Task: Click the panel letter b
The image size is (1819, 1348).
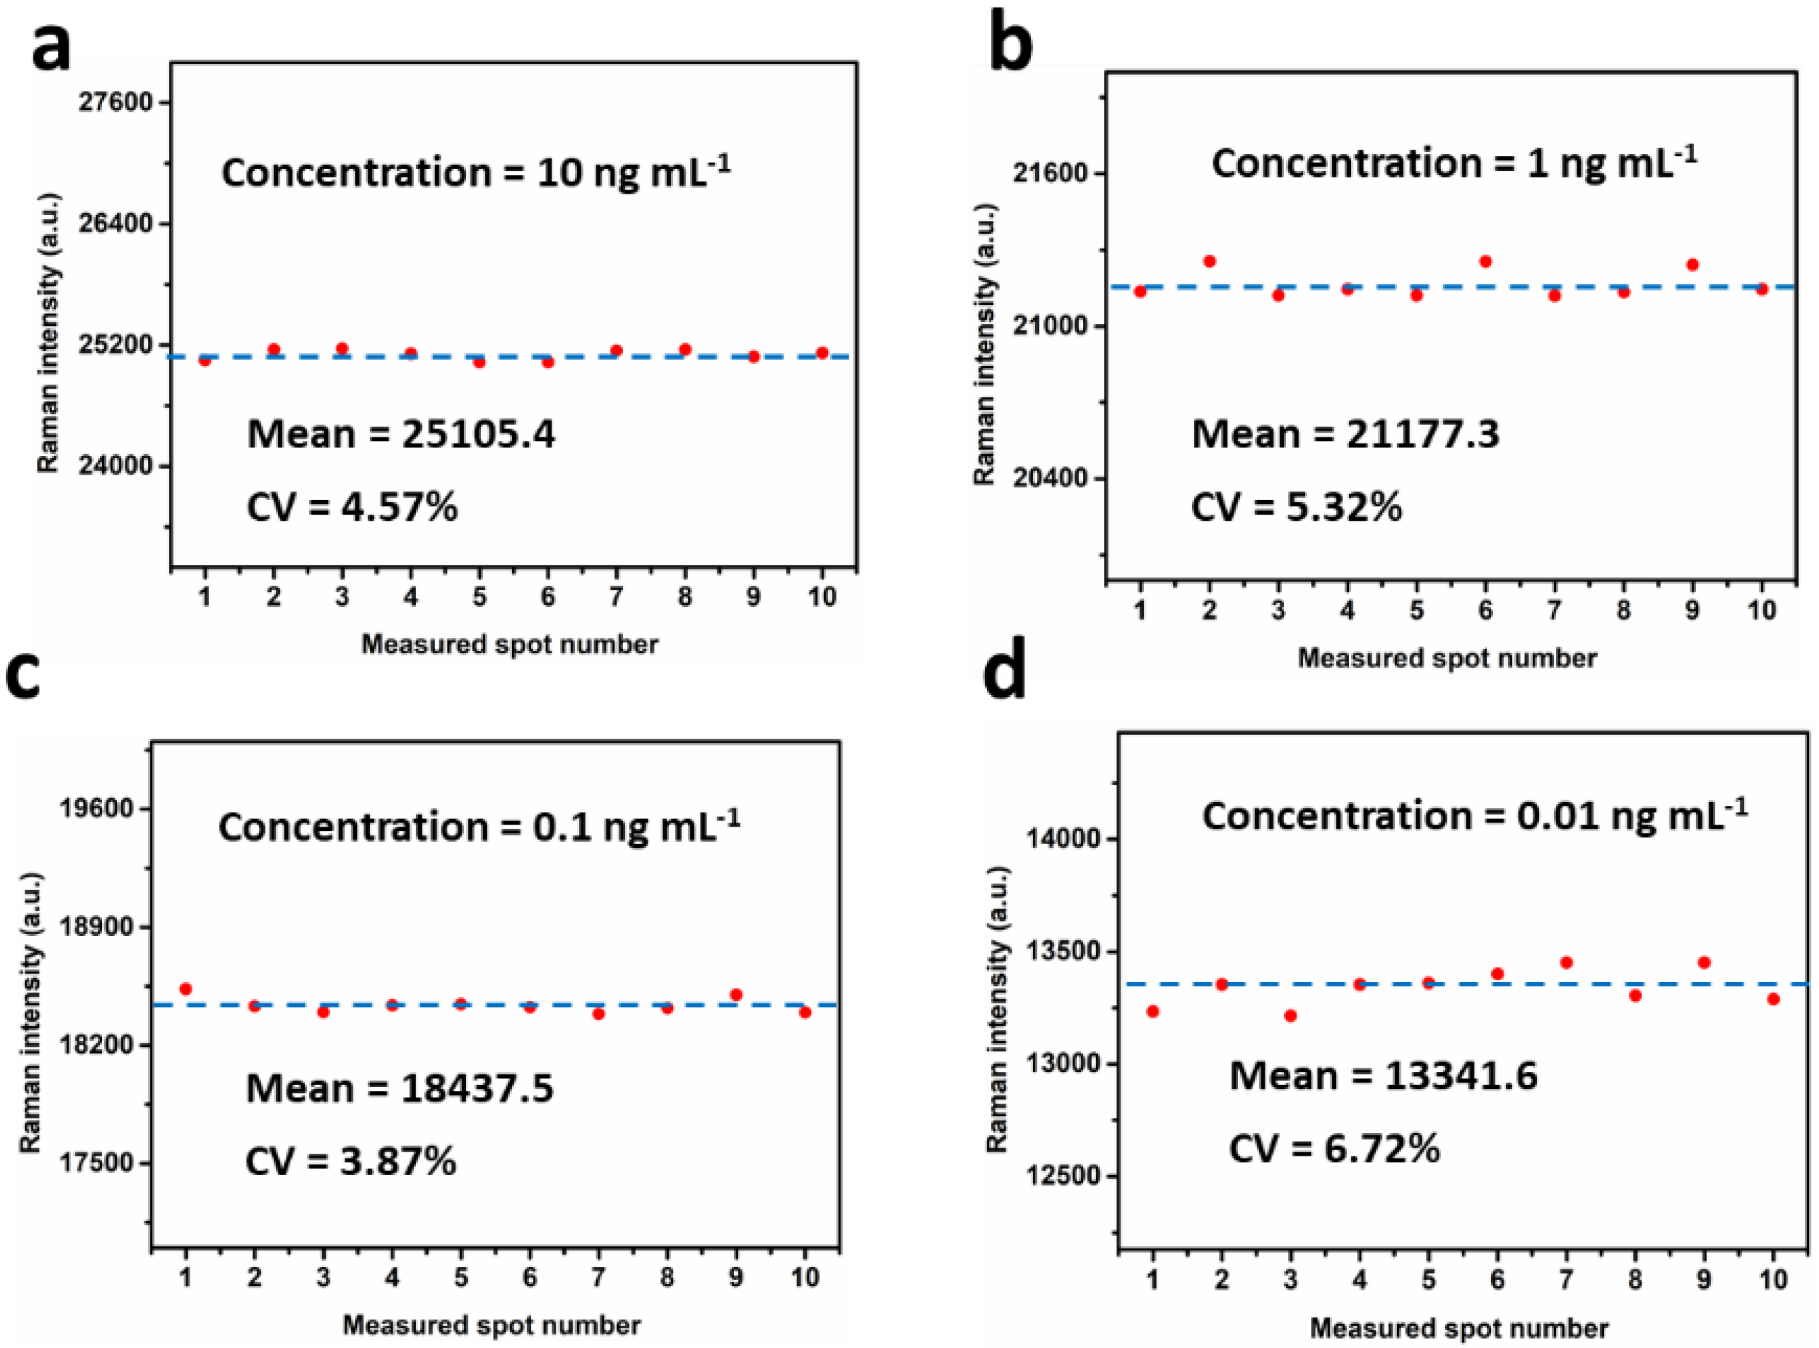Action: [x=1010, y=43]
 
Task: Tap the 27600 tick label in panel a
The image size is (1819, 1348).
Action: [x=117, y=103]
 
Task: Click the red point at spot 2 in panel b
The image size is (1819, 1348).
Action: [x=1209, y=261]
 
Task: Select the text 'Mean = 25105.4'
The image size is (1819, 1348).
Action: [x=401, y=434]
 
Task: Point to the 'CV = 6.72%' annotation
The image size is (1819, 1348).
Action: [x=1334, y=1149]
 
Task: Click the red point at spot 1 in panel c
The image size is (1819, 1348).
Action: [x=185, y=989]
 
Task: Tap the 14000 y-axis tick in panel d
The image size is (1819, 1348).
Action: [x=1059, y=840]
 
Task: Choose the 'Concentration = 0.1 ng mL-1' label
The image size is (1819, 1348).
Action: [x=478, y=827]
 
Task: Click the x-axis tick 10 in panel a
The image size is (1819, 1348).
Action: [x=822, y=598]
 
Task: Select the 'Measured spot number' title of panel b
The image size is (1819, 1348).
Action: [x=1446, y=658]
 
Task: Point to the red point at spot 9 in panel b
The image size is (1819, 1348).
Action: [x=1693, y=264]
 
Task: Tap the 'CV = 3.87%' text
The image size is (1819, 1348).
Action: [x=351, y=1161]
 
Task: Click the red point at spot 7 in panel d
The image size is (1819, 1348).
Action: [x=1566, y=963]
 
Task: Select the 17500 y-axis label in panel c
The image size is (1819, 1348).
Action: [x=96, y=1163]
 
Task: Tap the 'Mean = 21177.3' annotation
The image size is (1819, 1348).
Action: [x=1345, y=434]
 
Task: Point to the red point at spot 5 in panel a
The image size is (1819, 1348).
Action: [x=479, y=361]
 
